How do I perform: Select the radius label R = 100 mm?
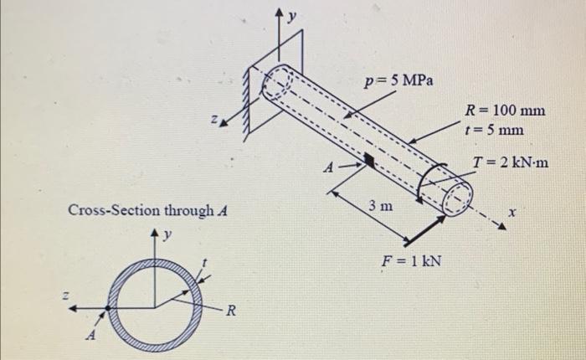point(506,111)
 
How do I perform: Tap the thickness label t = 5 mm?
point(495,130)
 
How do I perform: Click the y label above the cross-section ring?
point(167,234)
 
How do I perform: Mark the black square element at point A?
point(369,158)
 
